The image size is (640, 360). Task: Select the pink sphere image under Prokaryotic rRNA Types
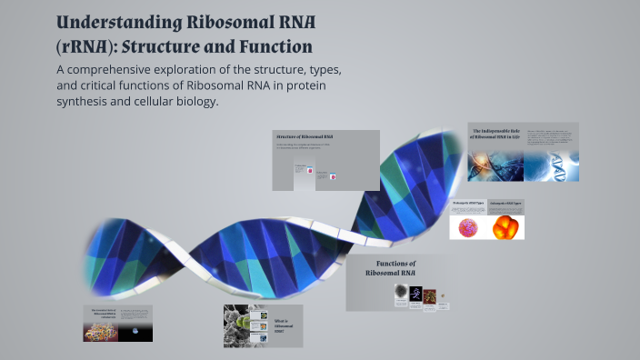(x=468, y=227)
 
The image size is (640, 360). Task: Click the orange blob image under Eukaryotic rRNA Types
(x=505, y=227)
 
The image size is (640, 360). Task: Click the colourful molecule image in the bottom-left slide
(x=101, y=331)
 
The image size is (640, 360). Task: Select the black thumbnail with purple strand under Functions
(x=415, y=294)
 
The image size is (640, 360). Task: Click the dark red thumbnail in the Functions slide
(x=430, y=295)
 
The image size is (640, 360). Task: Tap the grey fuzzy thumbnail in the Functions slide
(x=400, y=293)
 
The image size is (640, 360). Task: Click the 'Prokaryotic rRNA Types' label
(x=467, y=204)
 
